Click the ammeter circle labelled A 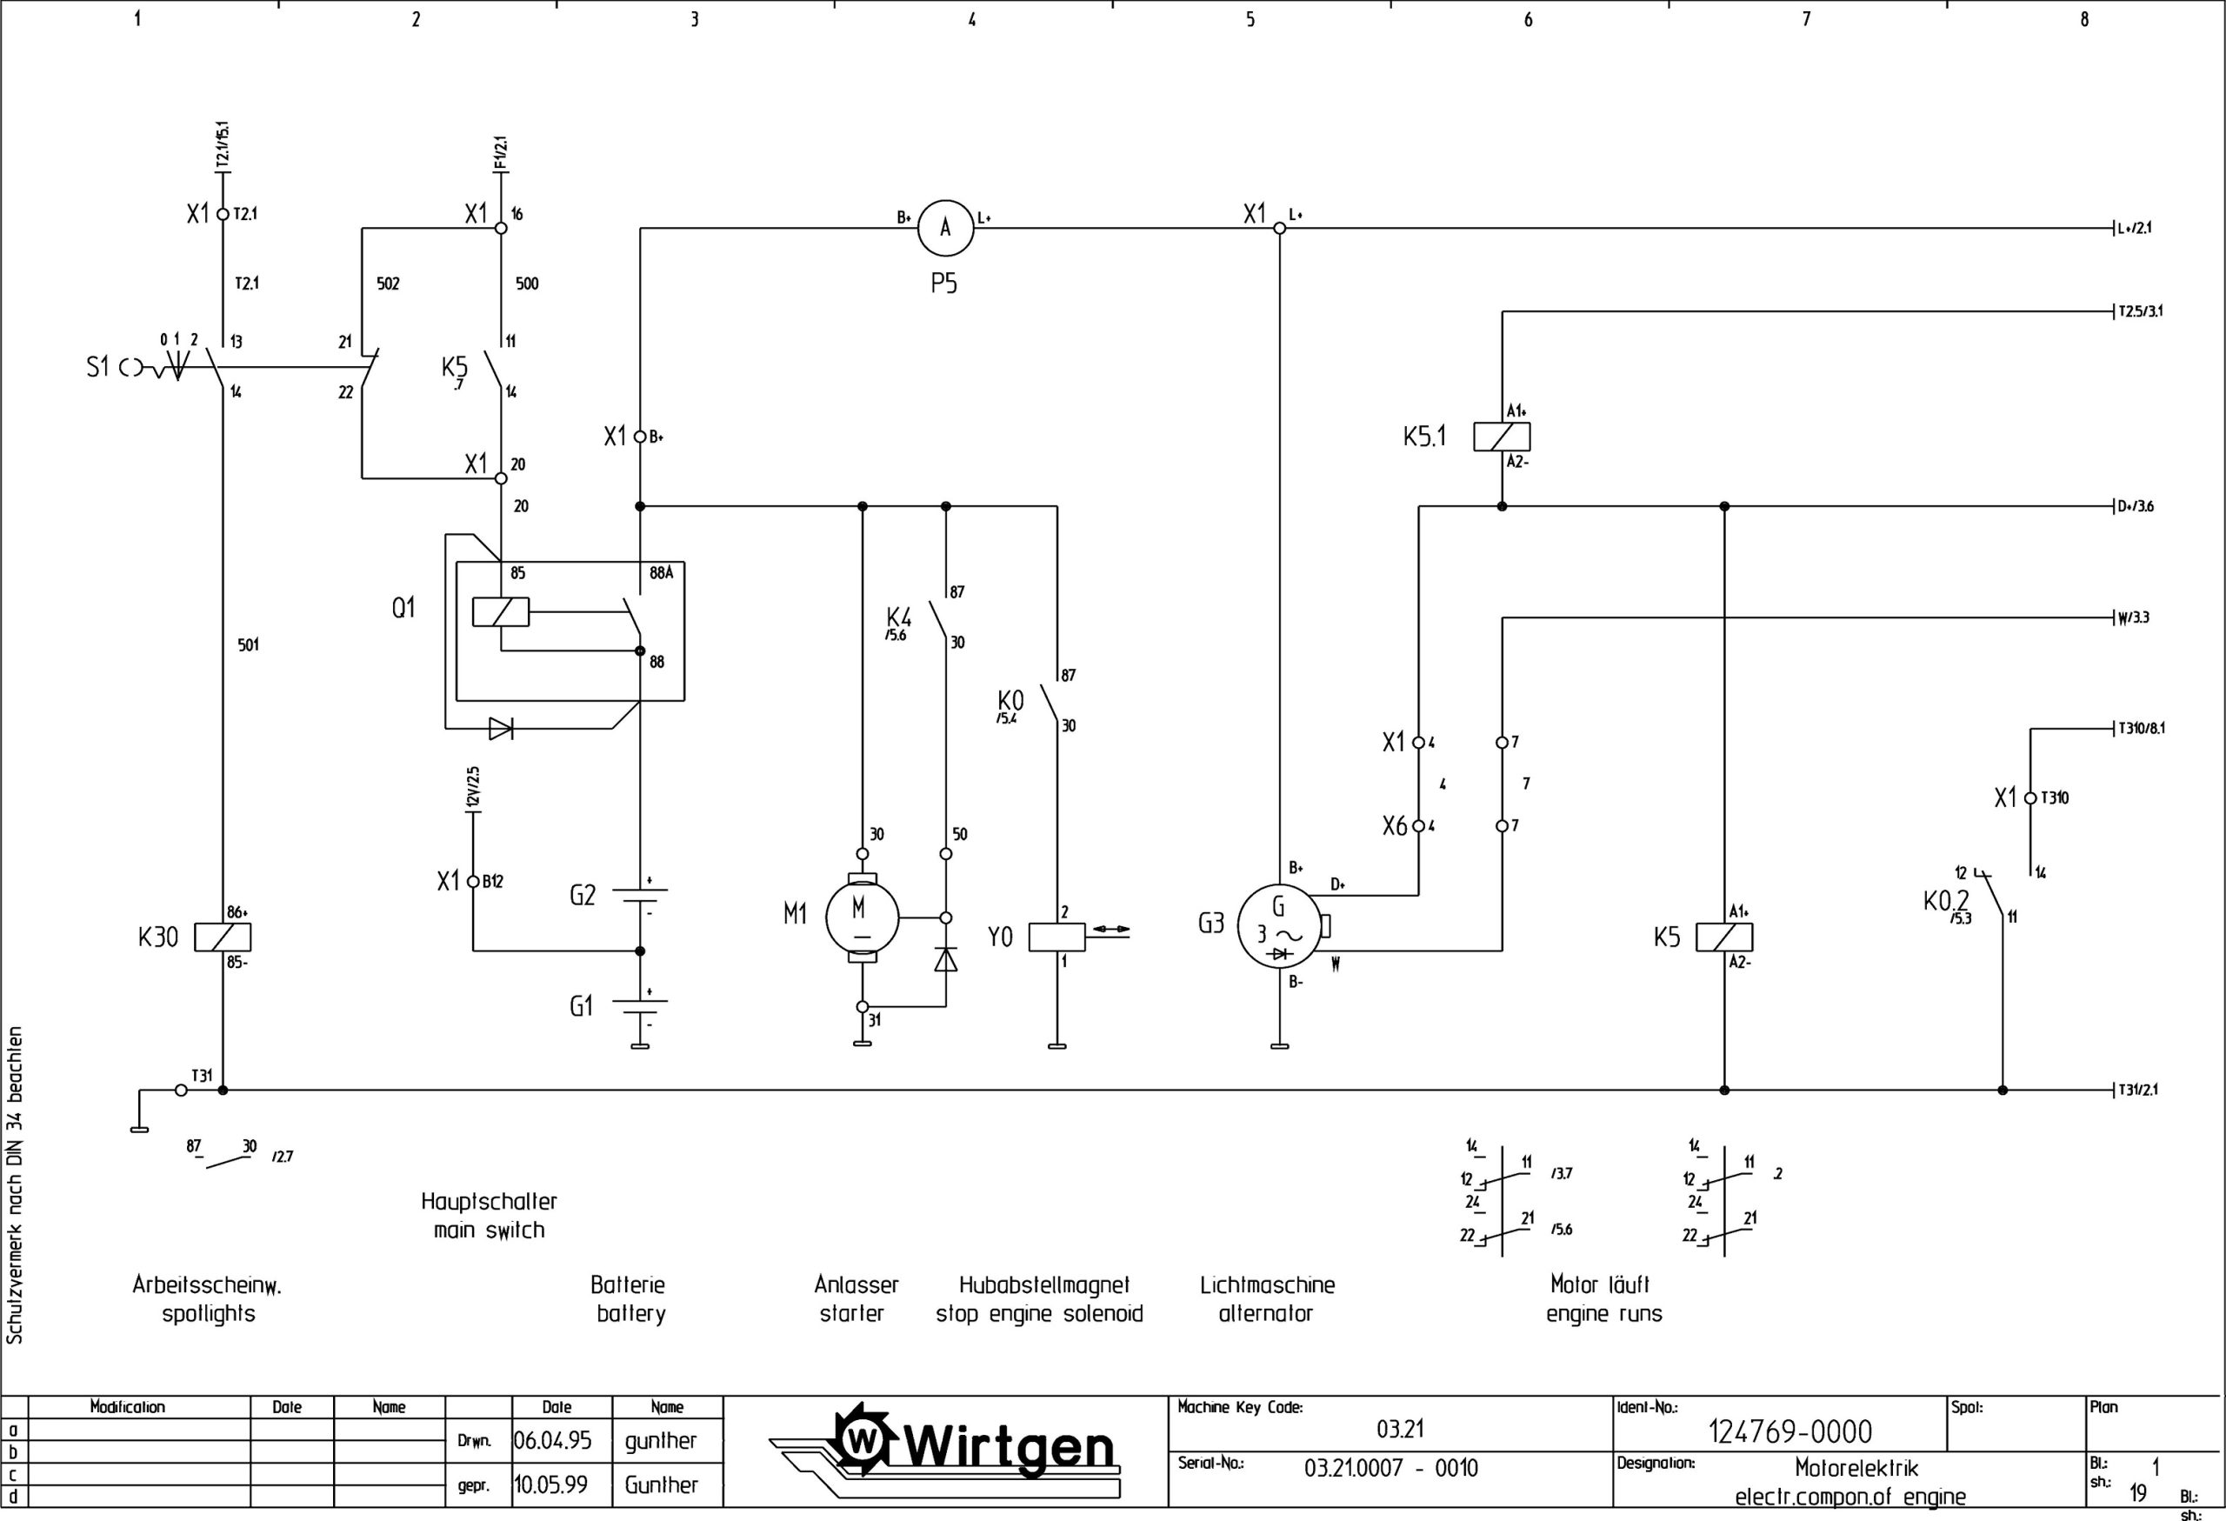944,228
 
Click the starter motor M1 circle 862,917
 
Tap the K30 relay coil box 223,937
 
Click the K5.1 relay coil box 1501,437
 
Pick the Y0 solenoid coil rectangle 1056,937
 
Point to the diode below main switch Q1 501,729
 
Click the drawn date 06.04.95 553,1440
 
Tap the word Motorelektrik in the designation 1856,1468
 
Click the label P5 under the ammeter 943,284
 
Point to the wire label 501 248,645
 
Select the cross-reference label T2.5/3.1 2140,311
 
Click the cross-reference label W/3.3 2133,617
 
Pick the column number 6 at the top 1528,19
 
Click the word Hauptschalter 489,1201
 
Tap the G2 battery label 583,896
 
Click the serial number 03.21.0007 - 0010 1390,1468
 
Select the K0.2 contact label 1945,901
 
